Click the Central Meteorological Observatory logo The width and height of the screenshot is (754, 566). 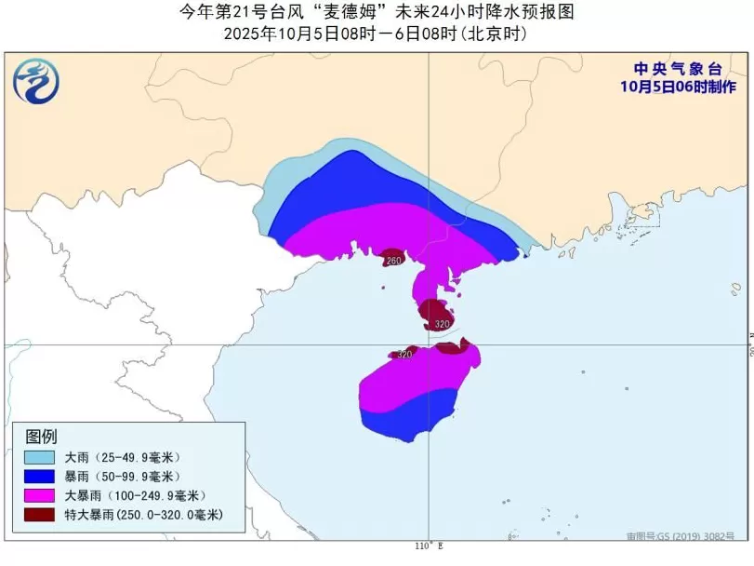(36, 81)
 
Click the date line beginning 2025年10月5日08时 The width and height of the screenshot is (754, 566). (376, 34)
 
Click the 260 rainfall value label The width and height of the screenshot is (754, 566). (393, 261)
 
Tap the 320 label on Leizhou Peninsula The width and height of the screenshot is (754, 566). (442, 324)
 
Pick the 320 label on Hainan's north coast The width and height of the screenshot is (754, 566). (404, 355)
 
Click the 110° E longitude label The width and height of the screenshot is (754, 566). (429, 546)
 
